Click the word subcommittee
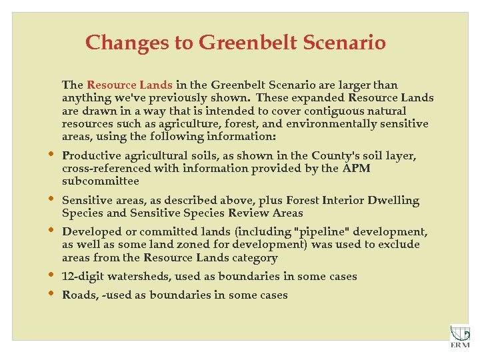(100, 181)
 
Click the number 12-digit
(81, 277)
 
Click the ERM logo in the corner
(459, 336)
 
